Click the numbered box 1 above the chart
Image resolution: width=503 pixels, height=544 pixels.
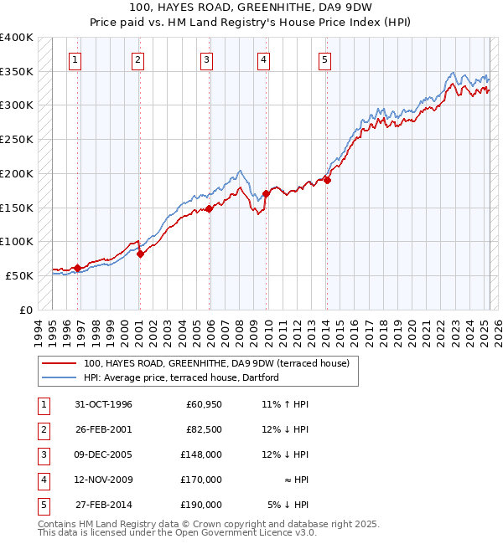(75, 59)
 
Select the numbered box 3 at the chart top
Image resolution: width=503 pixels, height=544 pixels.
(206, 59)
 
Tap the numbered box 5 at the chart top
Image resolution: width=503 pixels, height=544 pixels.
(324, 59)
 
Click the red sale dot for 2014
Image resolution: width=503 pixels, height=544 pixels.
(328, 179)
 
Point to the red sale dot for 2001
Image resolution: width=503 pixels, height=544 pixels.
(140, 254)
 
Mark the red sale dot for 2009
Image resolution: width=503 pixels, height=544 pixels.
(266, 193)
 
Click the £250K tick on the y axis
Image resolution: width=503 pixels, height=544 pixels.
(17, 139)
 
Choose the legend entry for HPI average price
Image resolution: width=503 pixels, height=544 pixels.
(185, 377)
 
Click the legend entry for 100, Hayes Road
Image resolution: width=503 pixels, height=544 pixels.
(221, 363)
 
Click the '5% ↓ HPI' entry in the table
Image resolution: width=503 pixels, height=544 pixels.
(288, 505)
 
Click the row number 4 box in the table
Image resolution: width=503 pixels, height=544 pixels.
(42, 480)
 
